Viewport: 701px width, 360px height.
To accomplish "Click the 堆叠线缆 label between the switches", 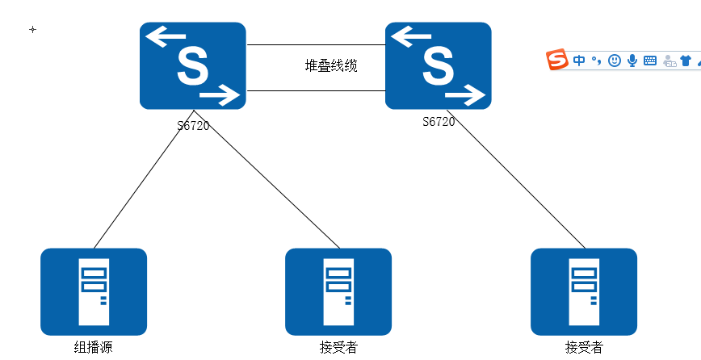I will coord(331,66).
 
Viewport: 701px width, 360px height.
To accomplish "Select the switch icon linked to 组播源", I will coord(192,65).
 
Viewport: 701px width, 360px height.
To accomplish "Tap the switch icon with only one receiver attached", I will coord(438,65).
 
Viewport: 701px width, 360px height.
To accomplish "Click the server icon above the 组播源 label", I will coord(94,291).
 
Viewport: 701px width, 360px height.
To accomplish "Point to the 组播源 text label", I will coord(94,348).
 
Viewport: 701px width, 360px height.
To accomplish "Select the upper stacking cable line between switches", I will coord(315,45).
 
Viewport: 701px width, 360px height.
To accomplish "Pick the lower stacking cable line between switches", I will coord(315,91).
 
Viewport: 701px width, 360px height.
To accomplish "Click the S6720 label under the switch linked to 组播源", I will coord(193,126).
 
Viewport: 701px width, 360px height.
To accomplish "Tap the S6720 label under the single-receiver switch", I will coord(439,122).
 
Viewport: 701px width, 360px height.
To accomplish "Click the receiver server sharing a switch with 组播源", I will coord(338,291).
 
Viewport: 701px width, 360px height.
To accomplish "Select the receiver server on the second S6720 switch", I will coord(584,291).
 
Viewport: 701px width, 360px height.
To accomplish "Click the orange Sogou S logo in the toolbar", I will coord(557,60).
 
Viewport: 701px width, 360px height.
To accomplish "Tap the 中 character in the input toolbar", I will coord(579,61).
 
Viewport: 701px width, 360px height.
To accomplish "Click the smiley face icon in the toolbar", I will coord(615,61).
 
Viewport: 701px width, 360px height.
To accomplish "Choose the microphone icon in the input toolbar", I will coord(632,61).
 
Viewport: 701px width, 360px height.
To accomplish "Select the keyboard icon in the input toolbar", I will coord(650,61).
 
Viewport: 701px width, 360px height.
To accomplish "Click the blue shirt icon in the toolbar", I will coord(686,61).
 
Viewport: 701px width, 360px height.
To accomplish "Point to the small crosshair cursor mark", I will coord(32,29).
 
